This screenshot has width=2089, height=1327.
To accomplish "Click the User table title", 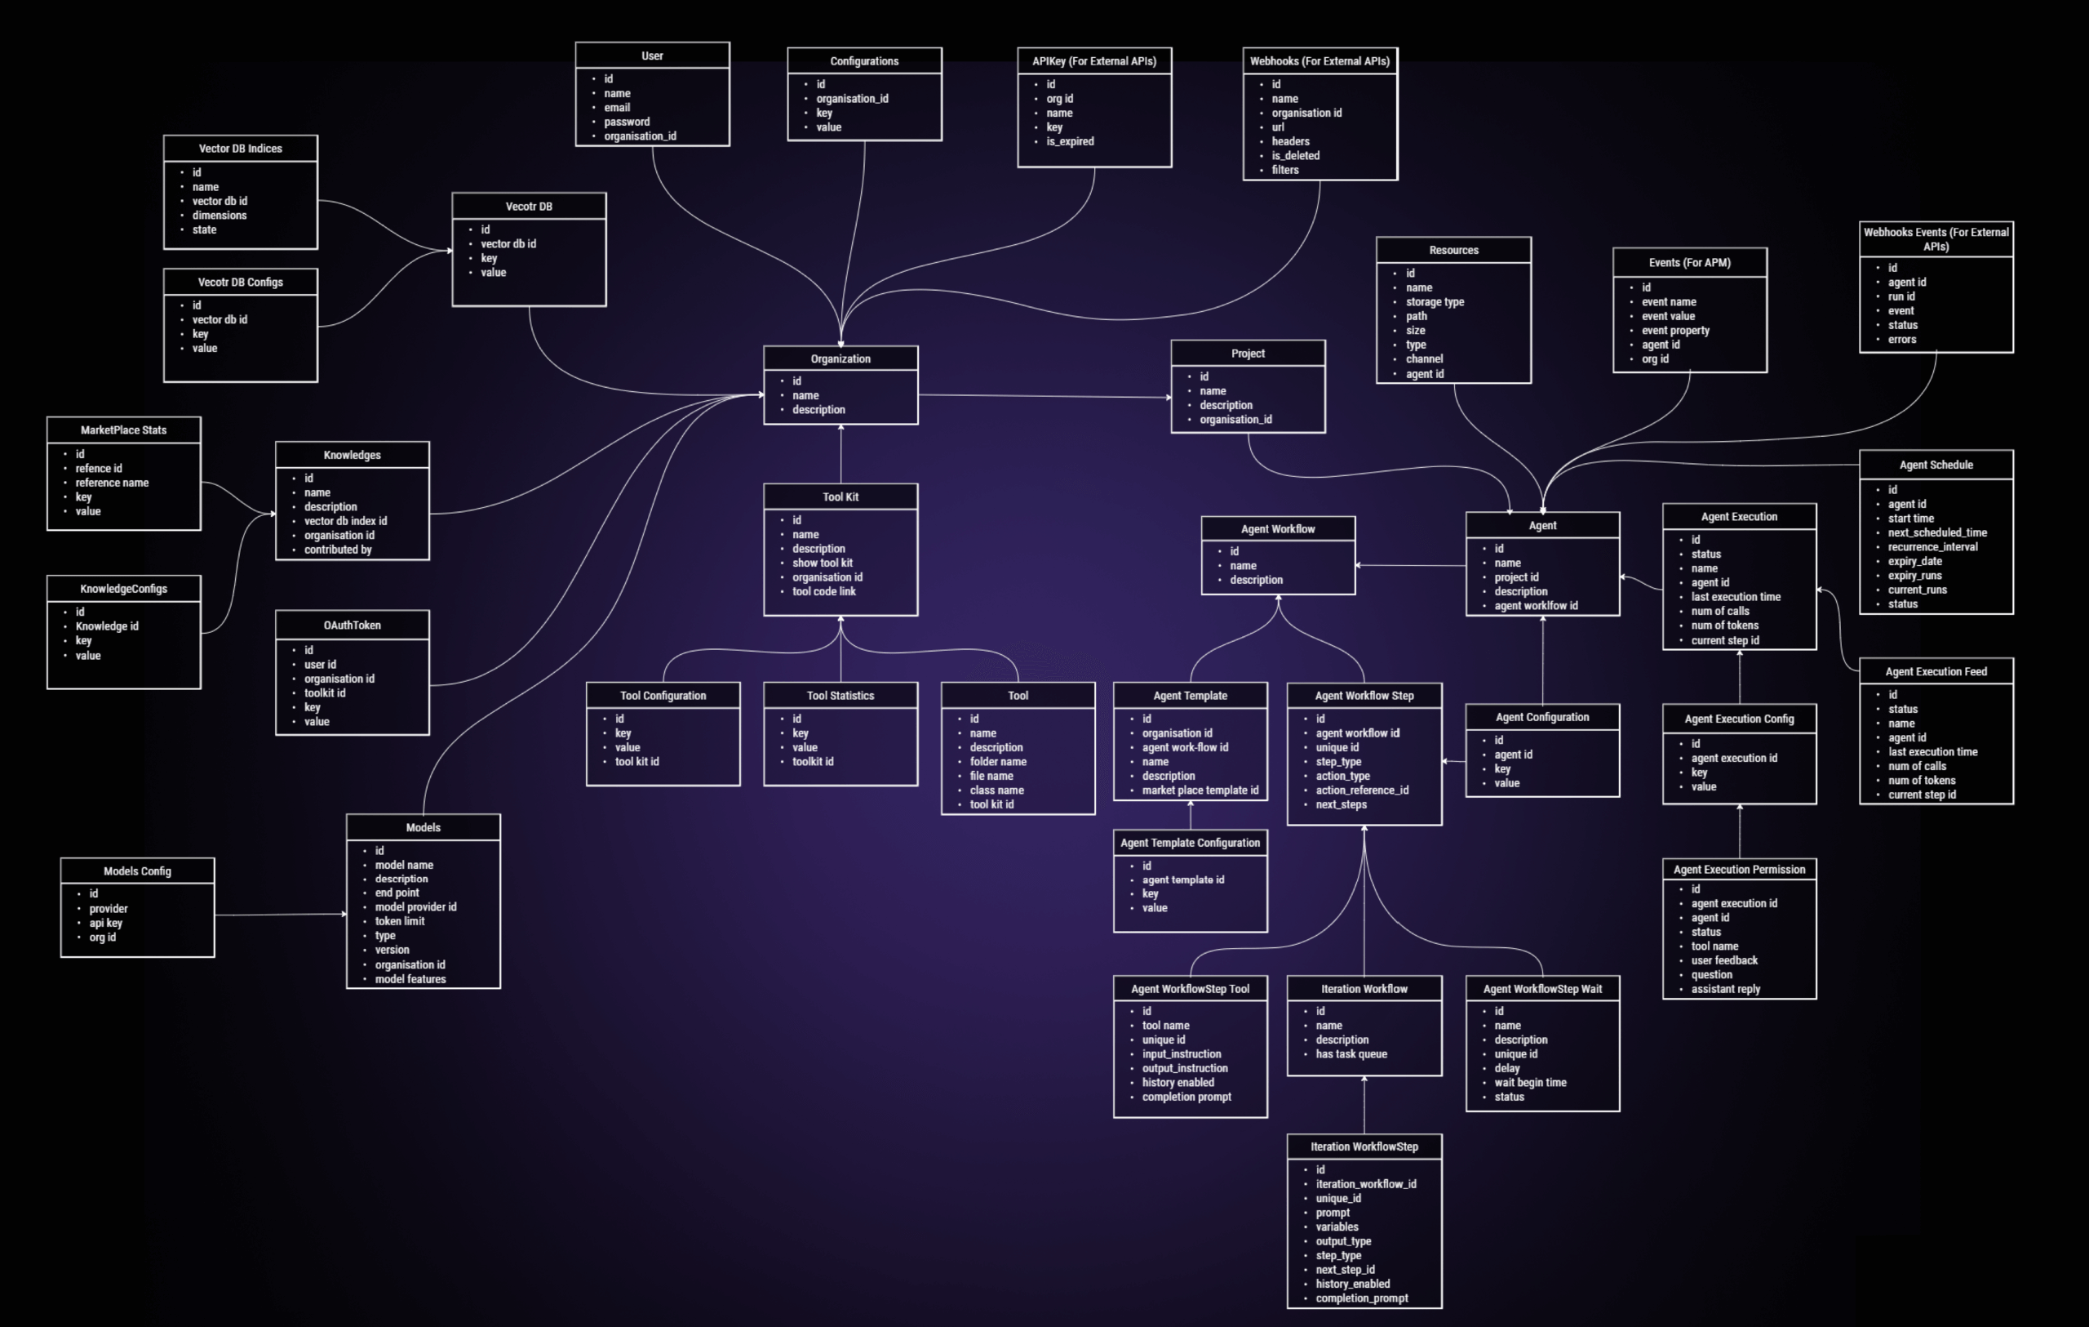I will pyautogui.click(x=651, y=56).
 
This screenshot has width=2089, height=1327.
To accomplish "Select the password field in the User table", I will pyautogui.click(x=627, y=122).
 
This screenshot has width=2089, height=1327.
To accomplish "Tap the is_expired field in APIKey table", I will pyautogui.click(x=1070, y=141).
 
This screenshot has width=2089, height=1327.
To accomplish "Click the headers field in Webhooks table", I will pyautogui.click(x=1290, y=141).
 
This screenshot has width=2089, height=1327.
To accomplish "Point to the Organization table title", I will pyautogui.click(x=840, y=358).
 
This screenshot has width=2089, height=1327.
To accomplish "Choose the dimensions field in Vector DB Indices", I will pyautogui.click(x=220, y=216).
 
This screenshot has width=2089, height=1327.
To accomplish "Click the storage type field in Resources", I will pyautogui.click(x=1434, y=302).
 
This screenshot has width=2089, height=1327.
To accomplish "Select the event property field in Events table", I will pyautogui.click(x=1675, y=331).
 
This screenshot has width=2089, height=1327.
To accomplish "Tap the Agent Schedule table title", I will pyautogui.click(x=1936, y=465).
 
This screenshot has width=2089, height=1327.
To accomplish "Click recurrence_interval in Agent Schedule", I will pyautogui.click(x=1932, y=547).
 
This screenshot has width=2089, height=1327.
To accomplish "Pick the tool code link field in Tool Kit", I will pyautogui.click(x=823, y=592).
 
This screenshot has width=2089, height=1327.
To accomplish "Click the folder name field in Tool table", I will pyautogui.click(x=998, y=762).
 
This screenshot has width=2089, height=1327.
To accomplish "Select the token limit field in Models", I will pyautogui.click(x=399, y=922).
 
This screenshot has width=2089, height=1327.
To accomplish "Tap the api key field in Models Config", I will pyautogui.click(x=106, y=924).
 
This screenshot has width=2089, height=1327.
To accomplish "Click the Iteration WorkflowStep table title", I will pyautogui.click(x=1364, y=1147).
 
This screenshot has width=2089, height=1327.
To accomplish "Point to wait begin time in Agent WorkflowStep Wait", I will pyautogui.click(x=1529, y=1083).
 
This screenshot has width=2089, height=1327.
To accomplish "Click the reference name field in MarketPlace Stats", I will pyautogui.click(x=112, y=483).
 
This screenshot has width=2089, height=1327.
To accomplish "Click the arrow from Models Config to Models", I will pyautogui.click(x=279, y=915).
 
